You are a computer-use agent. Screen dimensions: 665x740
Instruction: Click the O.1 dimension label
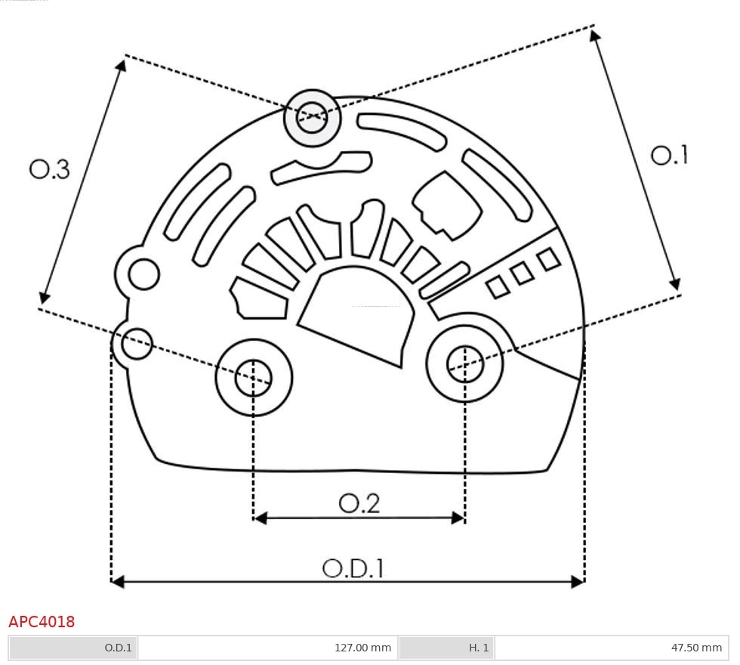[x=669, y=156]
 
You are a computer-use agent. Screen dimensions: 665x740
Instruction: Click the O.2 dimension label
[x=359, y=503]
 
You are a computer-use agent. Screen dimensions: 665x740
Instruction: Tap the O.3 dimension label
[x=50, y=169]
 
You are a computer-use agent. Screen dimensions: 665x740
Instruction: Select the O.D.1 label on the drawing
[x=353, y=568]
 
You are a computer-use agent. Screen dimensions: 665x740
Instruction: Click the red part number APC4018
[x=42, y=622]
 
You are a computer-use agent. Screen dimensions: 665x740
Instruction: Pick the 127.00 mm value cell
[x=362, y=648]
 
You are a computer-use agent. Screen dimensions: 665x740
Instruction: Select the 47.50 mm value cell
[x=695, y=648]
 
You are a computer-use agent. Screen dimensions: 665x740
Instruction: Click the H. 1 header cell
[x=479, y=648]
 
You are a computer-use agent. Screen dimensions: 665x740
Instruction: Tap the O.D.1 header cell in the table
[x=118, y=648]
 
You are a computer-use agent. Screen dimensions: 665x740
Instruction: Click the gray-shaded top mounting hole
[x=312, y=118]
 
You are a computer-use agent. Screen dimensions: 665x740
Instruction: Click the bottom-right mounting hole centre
[x=465, y=365]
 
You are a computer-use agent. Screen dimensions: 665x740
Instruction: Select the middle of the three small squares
[x=523, y=274]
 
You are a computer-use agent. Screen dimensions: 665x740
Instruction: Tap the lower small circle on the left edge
[x=137, y=345]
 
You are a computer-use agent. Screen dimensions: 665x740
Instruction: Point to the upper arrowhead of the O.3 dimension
[x=121, y=65]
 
